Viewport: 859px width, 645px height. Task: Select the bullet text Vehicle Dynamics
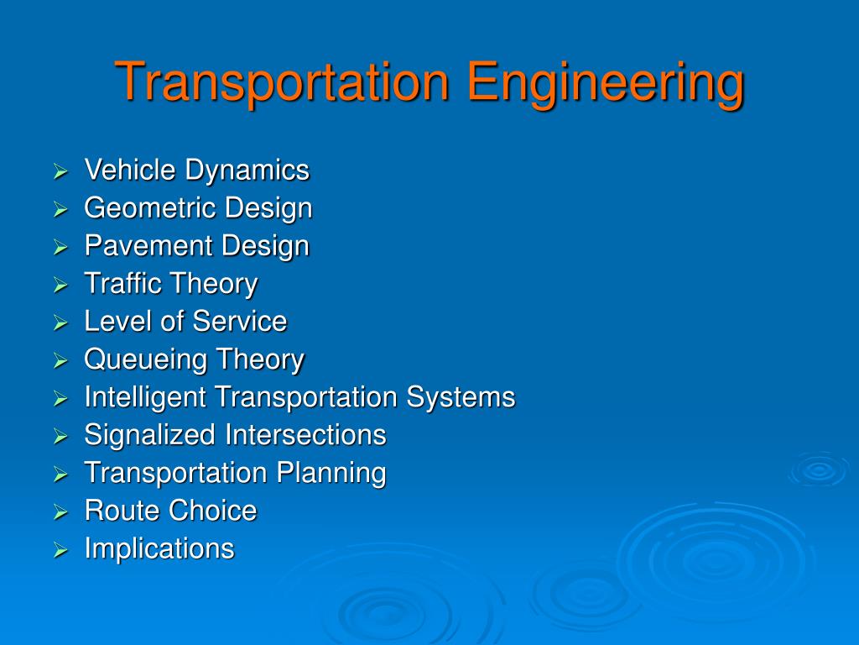point(196,170)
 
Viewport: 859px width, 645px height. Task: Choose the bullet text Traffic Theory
point(170,284)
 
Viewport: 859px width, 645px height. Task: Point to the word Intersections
point(305,435)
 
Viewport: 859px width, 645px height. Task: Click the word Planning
point(331,473)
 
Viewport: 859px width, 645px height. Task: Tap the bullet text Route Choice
point(170,511)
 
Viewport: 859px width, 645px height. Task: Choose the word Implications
point(159,548)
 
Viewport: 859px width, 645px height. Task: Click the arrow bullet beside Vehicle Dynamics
point(60,172)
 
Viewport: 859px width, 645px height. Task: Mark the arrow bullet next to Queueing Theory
point(60,361)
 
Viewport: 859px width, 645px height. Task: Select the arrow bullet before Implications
point(60,550)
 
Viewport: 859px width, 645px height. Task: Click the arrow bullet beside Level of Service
point(60,323)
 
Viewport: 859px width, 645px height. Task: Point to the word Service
point(240,322)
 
